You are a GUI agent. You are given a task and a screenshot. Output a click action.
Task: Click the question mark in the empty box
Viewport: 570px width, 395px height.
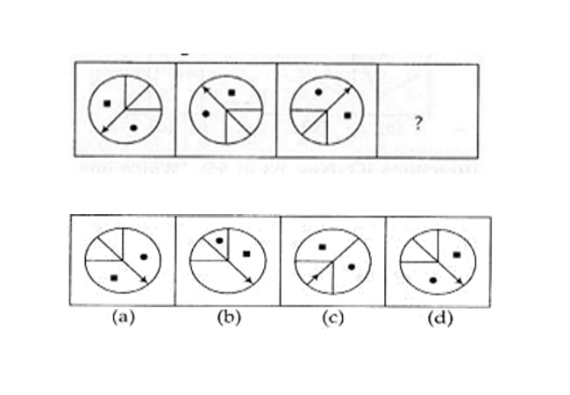pos(418,123)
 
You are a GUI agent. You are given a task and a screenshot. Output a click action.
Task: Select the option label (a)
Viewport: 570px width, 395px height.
pos(124,318)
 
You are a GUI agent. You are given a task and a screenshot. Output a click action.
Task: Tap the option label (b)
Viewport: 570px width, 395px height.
pos(229,318)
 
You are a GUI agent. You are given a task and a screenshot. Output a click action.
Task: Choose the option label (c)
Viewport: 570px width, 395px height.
pos(333,318)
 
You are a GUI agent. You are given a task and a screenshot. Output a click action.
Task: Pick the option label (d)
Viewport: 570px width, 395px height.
pos(440,319)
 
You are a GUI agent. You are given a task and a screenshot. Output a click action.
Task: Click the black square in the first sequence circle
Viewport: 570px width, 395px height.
pos(107,104)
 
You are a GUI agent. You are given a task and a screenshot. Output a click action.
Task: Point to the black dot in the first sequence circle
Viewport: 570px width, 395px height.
pos(134,127)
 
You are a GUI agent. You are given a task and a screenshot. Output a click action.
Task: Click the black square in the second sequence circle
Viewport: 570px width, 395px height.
pos(232,93)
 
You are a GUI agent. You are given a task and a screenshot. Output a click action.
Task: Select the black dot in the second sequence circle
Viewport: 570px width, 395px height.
pos(206,114)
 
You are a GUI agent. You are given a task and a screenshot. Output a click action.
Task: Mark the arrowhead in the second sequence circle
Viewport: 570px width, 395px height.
pos(206,90)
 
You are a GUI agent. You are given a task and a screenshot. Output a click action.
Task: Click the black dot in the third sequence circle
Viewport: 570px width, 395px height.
pos(318,92)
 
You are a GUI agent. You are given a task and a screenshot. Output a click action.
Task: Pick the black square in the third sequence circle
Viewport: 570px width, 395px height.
pos(347,116)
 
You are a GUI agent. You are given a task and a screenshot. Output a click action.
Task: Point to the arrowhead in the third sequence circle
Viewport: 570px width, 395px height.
pos(348,90)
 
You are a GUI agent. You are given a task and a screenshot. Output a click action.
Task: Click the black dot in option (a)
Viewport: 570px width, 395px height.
pos(144,257)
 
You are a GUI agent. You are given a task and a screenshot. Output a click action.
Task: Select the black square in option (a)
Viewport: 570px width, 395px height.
pos(114,278)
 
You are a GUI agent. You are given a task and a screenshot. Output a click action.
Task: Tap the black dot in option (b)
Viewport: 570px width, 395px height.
pos(219,241)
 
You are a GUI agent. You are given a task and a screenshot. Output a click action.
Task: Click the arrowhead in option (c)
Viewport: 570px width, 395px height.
pos(313,278)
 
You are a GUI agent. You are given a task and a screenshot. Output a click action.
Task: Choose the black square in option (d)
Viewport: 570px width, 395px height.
pos(457,255)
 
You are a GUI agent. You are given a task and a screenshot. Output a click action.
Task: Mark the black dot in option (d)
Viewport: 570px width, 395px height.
pos(432,280)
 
